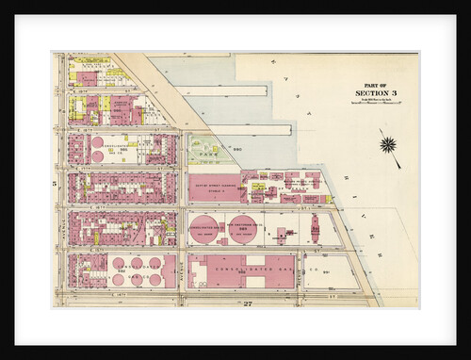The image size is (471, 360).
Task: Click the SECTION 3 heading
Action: (378, 92)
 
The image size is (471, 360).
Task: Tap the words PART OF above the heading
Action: (378, 84)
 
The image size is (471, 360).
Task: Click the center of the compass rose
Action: (386, 144)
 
